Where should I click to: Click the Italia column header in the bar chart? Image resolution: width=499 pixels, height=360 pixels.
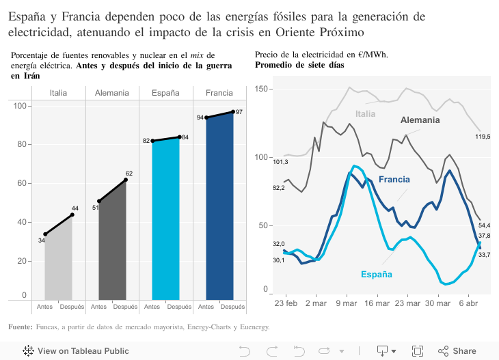point(58,93)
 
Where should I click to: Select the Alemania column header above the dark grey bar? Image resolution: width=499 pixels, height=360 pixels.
point(112,93)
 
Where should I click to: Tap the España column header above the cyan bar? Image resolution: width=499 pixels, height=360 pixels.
point(165,93)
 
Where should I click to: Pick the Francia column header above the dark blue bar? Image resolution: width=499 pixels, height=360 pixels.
point(219,93)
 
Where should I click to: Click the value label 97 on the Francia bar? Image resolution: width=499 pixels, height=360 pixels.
point(239,111)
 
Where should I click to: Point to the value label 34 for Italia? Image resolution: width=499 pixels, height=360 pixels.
point(42,240)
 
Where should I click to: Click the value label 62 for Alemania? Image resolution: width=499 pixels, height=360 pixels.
point(129,174)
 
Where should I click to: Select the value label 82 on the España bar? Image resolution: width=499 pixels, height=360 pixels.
point(146,141)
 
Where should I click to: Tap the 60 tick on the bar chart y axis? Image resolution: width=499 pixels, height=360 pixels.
point(20,183)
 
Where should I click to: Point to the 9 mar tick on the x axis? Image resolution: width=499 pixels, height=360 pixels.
point(347,303)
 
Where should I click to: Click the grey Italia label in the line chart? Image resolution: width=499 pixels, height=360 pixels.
point(366,114)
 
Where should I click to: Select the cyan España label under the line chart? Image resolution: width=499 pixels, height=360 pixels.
point(377,274)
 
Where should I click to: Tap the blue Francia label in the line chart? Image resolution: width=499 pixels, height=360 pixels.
point(394,180)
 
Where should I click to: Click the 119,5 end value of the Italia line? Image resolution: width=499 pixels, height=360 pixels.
point(483,137)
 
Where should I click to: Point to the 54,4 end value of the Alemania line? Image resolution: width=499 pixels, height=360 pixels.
point(484,225)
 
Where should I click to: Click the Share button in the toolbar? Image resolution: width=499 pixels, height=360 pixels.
point(457,351)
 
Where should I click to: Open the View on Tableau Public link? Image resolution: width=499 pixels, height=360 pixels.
point(76,351)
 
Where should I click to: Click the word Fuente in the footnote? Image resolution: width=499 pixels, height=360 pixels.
point(20,327)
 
